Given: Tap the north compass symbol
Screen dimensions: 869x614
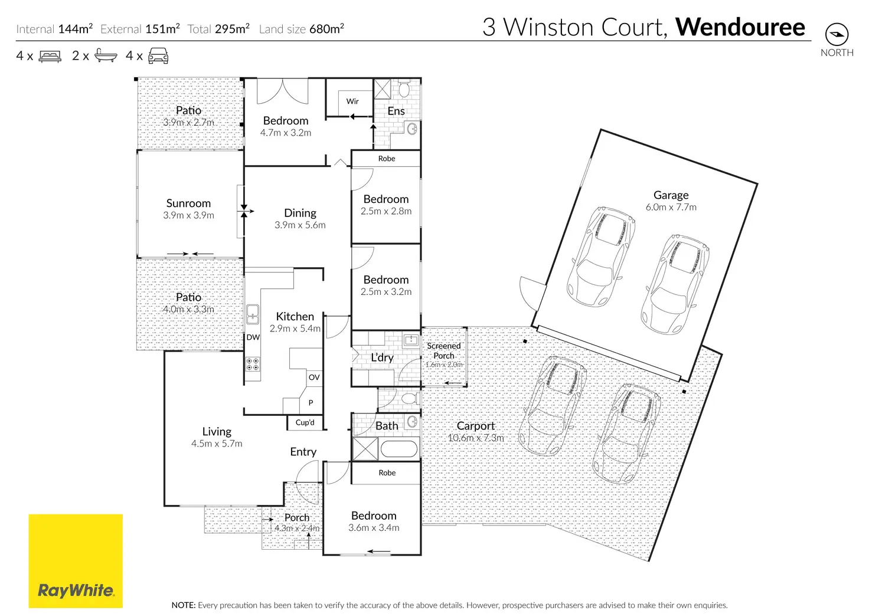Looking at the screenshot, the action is pos(837,34).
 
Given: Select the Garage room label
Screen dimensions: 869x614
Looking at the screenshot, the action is pos(671,195).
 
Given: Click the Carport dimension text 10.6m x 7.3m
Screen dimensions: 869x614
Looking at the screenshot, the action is pos(476,438).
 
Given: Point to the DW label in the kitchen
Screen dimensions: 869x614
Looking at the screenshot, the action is pos(253,337).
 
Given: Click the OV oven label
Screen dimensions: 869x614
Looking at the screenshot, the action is pos(314,377).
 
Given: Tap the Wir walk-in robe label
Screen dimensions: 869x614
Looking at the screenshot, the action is pos(352,101).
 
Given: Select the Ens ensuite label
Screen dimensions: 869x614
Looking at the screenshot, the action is pos(396,111).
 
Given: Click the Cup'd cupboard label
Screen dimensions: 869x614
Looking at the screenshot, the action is pos(305,422).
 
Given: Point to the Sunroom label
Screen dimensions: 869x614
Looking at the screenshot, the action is pos(188,203).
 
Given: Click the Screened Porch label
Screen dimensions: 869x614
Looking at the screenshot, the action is pos(444,351).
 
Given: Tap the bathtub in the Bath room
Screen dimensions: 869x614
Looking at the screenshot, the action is pos(399,449).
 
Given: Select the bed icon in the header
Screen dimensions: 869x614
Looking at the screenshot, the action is pos(50,57).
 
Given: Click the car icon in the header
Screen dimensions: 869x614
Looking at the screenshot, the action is pos(158,57).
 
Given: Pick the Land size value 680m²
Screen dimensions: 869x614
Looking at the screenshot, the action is pos(326,29).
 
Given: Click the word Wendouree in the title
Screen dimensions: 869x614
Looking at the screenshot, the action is pos(740,27).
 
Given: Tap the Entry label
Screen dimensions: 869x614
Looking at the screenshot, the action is pos(303,452).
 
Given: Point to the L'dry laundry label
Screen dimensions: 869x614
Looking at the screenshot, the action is pos(382,357).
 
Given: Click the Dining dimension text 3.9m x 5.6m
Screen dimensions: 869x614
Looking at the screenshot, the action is pos(300,225).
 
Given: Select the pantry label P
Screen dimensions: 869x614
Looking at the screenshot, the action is pos(311,403).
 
